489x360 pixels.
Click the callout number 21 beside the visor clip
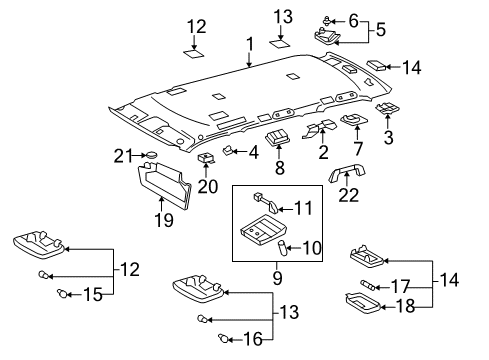pos(122,154)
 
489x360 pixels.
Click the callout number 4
pos(253,152)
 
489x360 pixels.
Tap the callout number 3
pos(389,133)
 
